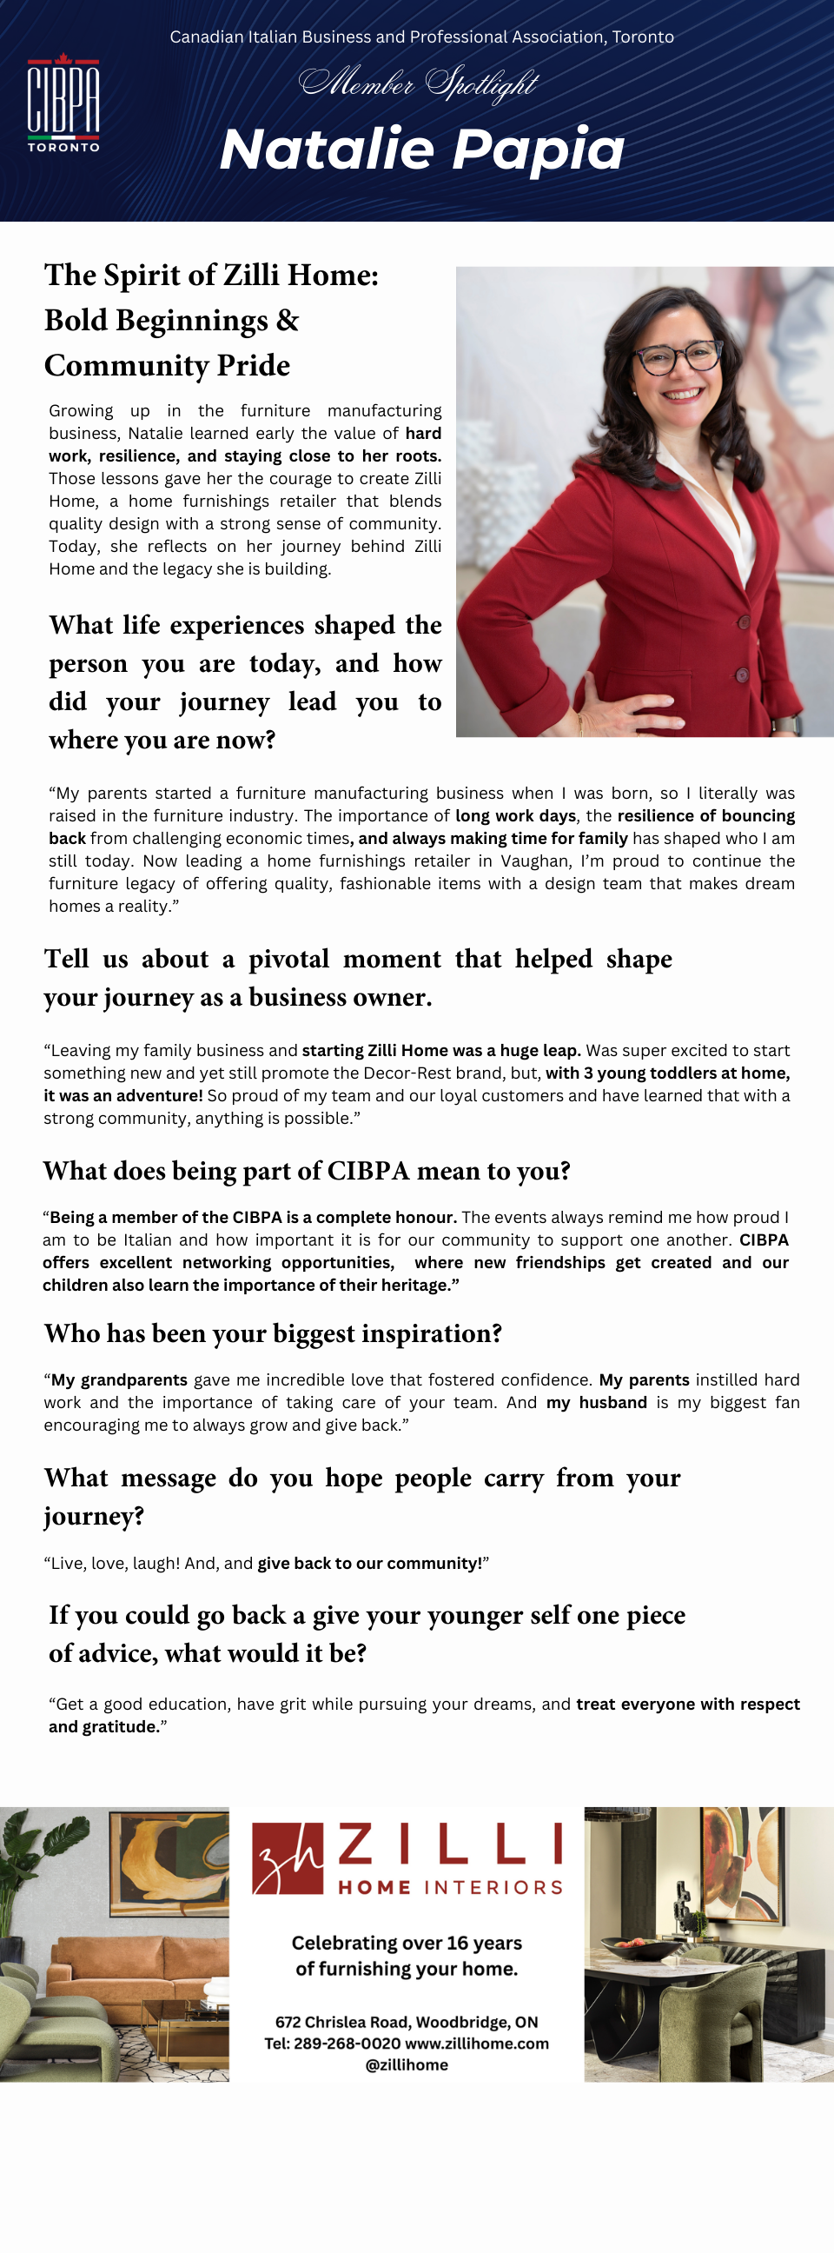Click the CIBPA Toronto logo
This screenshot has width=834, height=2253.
click(63, 103)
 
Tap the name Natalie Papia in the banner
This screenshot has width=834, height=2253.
click(422, 149)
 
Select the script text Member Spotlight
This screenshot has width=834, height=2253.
click(418, 83)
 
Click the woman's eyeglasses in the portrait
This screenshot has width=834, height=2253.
click(678, 356)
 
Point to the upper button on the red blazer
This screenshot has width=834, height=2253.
click(744, 621)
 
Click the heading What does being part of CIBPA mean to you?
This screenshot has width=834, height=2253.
click(307, 1171)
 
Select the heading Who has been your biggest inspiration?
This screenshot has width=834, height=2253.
click(273, 1333)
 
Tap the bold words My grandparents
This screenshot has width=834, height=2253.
click(119, 1379)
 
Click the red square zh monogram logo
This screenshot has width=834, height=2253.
click(287, 1858)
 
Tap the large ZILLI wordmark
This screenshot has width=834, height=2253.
click(450, 1844)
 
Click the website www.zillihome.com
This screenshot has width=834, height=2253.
click(477, 2044)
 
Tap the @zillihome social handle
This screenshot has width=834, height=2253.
click(407, 2064)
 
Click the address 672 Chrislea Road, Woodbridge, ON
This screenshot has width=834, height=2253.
click(407, 2021)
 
